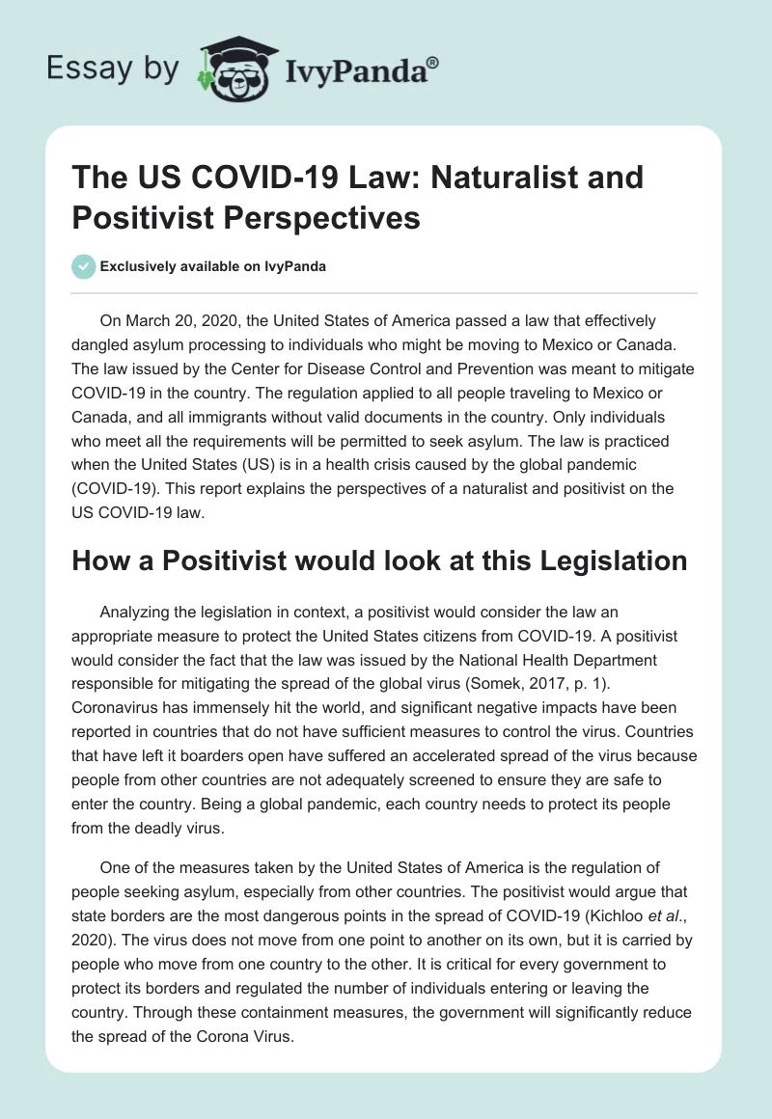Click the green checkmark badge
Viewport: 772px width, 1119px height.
(x=84, y=266)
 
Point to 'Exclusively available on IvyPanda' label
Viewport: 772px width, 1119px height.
(x=215, y=267)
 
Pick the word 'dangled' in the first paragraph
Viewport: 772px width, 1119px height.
(x=107, y=346)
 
